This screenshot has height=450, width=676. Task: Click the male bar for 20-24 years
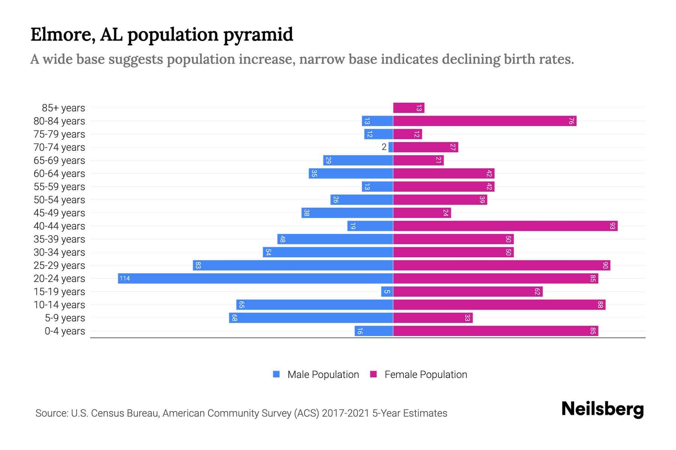[255, 278]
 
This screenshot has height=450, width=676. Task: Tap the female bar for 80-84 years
[484, 121]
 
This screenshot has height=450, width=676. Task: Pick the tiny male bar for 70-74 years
[391, 147]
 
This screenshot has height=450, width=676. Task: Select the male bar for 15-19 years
[387, 291]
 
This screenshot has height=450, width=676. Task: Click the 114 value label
[125, 278]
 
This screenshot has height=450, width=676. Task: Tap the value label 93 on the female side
[613, 226]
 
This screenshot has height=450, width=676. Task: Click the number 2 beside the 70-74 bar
[384, 147]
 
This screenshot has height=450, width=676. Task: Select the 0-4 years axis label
[65, 331]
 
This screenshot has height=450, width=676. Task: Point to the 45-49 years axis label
[59, 213]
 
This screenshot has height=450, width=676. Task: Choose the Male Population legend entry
[323, 374]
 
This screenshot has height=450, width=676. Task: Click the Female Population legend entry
[426, 374]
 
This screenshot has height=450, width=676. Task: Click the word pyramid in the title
[258, 35]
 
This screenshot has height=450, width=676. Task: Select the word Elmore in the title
[60, 35]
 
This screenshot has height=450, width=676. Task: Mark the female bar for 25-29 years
[501, 265]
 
